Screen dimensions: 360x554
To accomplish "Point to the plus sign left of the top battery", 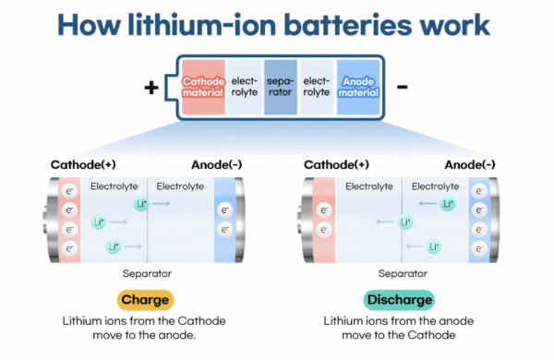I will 151,89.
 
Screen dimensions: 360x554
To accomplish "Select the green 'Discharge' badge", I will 399,301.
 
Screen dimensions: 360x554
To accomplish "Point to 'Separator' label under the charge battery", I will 147,273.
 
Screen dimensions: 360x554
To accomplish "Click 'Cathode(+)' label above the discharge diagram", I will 337,165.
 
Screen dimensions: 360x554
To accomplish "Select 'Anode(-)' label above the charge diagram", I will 215,165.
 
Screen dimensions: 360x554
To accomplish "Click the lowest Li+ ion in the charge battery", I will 113,246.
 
